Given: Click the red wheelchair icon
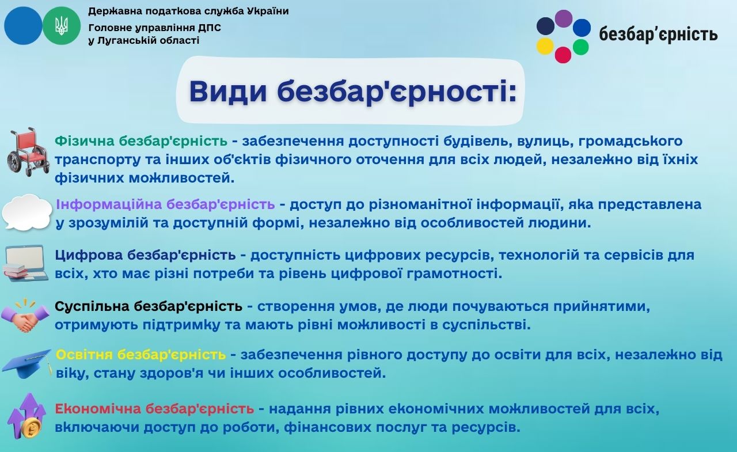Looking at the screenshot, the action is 28,152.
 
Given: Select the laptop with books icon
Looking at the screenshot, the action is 26,263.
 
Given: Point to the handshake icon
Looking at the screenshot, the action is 25,315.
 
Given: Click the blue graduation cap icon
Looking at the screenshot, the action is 27,363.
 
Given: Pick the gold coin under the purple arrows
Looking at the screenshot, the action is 31,428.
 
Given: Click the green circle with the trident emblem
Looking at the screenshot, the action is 62,26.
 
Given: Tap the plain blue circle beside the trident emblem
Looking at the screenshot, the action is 23,26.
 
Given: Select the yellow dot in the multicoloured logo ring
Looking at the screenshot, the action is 545,47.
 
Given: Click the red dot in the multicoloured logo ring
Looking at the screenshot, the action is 563,55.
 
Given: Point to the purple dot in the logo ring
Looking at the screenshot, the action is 564,18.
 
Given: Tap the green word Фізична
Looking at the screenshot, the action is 84,141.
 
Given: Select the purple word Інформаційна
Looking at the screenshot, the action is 109,204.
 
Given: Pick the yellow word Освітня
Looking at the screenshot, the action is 84,355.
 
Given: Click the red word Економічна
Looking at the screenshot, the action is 98,409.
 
